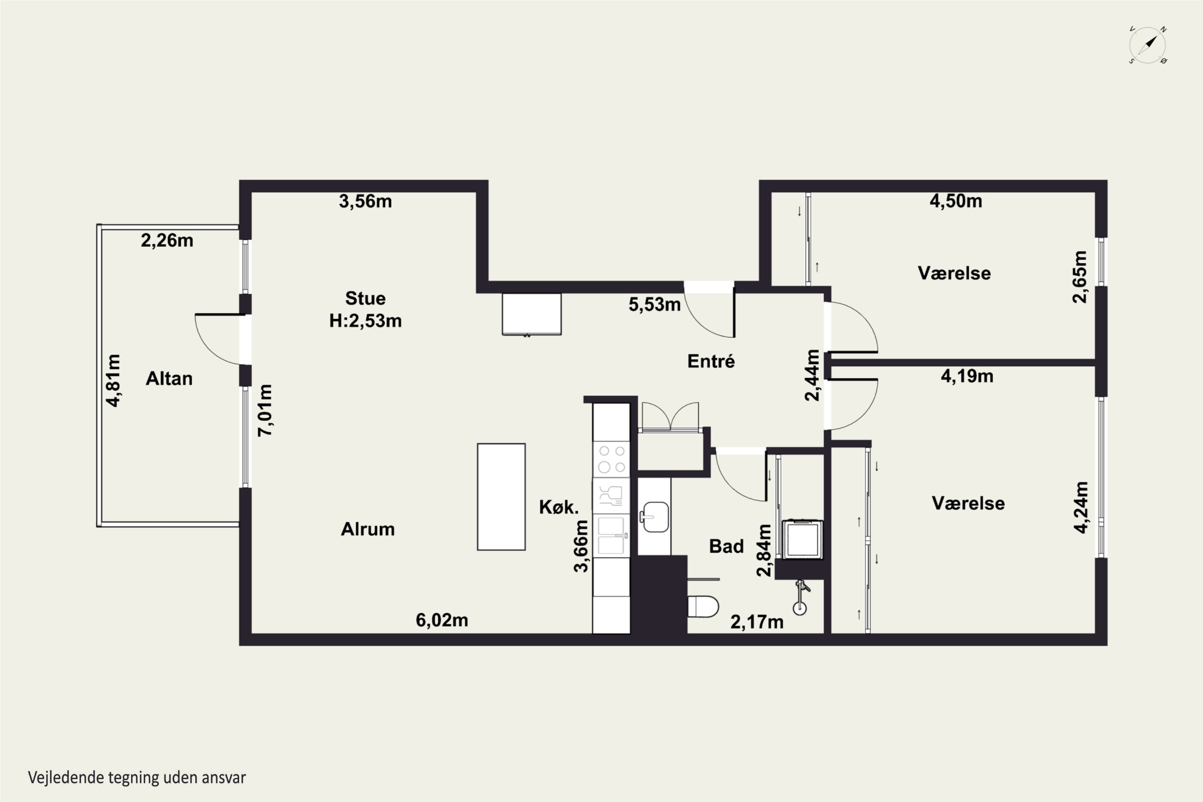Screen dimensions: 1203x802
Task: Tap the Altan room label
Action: coord(169,379)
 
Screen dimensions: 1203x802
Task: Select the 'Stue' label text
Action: coord(365,298)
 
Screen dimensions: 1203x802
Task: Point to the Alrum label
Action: coord(368,529)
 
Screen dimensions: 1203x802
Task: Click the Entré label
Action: coord(711,361)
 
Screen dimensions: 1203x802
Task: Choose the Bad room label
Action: coord(726,546)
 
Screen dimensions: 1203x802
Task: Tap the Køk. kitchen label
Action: coord(559,507)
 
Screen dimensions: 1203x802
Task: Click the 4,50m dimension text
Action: coord(956,201)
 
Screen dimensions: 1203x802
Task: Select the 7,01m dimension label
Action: coord(265,410)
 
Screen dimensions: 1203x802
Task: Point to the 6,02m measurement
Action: coord(442,620)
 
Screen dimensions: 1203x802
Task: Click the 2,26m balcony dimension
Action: coord(167,240)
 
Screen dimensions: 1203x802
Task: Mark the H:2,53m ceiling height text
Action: coord(365,321)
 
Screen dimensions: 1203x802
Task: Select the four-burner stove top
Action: coord(612,459)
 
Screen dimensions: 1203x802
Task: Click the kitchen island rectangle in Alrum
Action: coord(501,497)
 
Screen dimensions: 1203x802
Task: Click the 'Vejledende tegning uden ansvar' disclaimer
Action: coord(137,778)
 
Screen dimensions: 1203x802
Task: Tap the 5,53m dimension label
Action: coord(655,304)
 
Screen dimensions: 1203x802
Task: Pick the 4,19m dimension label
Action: coord(967,377)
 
